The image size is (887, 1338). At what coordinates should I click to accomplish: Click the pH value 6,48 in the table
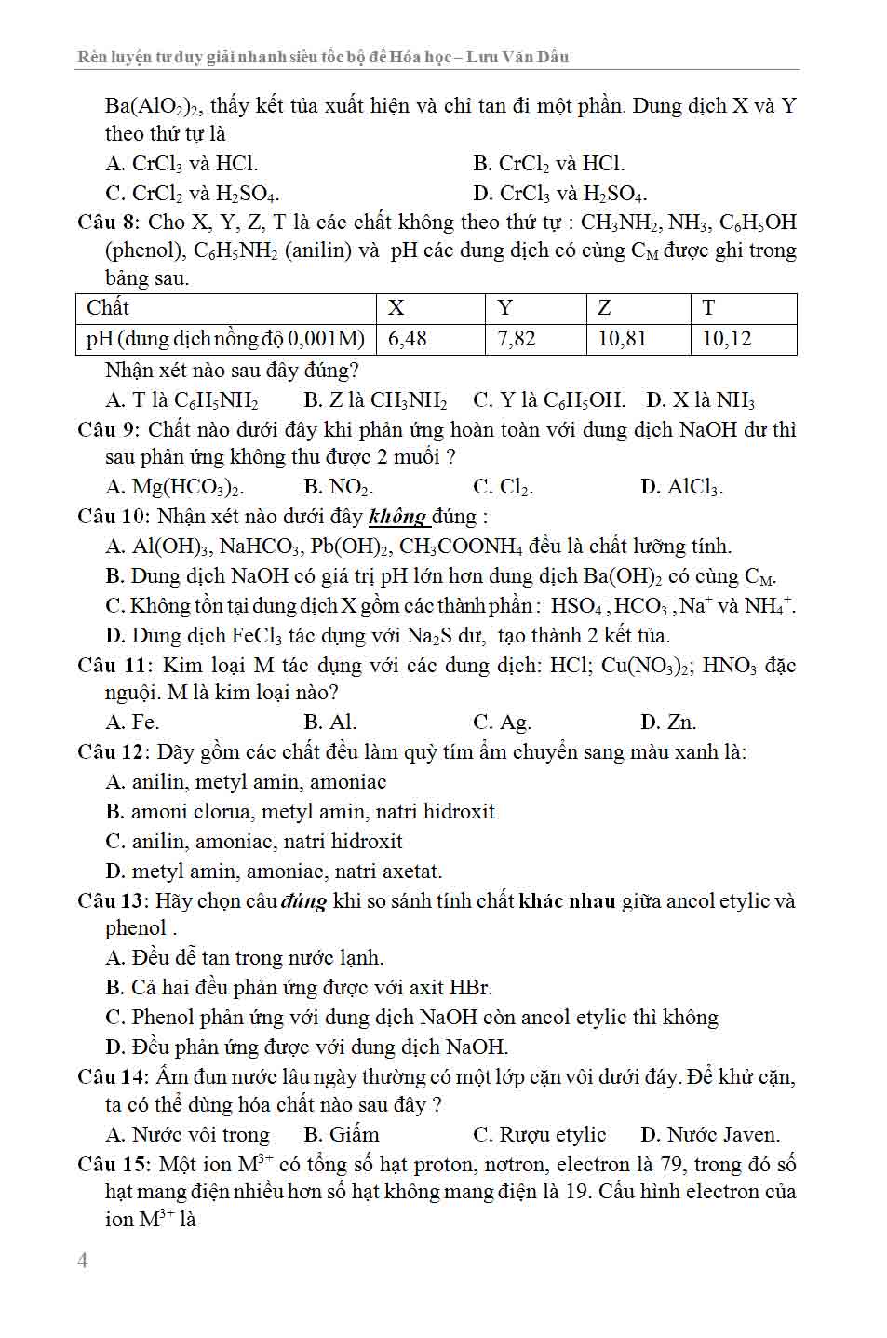(407, 339)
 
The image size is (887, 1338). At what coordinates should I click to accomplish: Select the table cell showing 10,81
(622, 339)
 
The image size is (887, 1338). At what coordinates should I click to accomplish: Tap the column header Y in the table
(505, 308)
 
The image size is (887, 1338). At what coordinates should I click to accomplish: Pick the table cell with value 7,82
(517, 339)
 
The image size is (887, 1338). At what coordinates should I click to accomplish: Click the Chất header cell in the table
(108, 308)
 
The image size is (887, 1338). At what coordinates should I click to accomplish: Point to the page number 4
(83, 1261)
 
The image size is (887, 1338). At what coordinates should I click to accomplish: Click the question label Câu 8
(108, 223)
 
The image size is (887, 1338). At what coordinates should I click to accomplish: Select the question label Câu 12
(113, 752)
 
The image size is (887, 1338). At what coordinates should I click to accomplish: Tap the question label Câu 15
(113, 1165)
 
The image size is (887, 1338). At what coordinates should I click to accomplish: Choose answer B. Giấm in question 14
(342, 1135)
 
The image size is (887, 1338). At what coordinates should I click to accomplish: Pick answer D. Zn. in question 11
(668, 723)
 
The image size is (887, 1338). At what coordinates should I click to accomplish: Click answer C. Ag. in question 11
(502, 723)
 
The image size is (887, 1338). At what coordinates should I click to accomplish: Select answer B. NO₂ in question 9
(339, 487)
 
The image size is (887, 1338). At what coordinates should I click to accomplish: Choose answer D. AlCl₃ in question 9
(681, 487)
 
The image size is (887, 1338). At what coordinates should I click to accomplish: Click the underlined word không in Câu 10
(397, 517)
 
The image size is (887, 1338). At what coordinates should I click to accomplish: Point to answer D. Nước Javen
(710, 1135)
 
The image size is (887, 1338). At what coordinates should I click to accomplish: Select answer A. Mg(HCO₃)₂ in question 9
(175, 487)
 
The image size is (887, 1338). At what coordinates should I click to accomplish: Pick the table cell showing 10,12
(726, 339)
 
